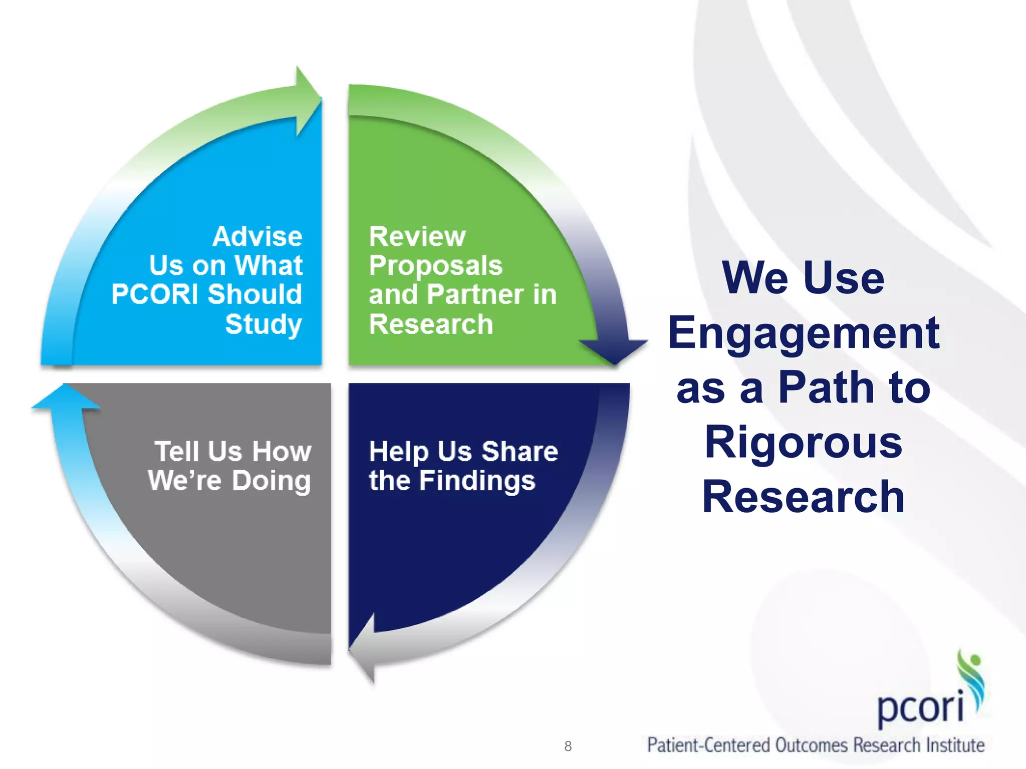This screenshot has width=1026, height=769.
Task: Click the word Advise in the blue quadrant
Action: pyautogui.click(x=258, y=236)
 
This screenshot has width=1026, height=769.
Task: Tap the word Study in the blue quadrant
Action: pyautogui.click(x=264, y=324)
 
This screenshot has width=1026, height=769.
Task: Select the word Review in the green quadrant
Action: pyautogui.click(x=417, y=236)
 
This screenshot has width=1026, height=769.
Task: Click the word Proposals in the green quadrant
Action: pyautogui.click(x=435, y=265)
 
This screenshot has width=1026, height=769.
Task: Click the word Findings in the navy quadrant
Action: pyautogui.click(x=477, y=481)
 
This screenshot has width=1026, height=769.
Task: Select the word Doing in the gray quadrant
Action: pyautogui.click(x=271, y=481)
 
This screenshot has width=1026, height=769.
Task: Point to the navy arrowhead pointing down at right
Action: pyautogui.click(x=614, y=350)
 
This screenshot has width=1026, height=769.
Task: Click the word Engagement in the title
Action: pyautogui.click(x=803, y=334)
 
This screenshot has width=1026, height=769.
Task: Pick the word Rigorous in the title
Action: pyautogui.click(x=803, y=442)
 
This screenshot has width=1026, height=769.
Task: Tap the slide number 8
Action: pyautogui.click(x=568, y=746)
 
